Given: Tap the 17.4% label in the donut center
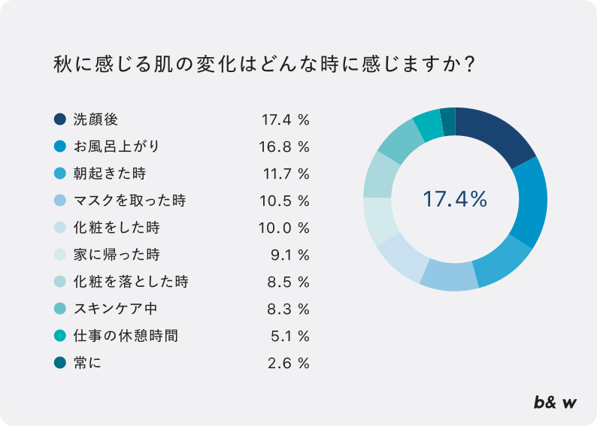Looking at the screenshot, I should point(455,200).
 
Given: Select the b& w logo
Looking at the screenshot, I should point(555,403).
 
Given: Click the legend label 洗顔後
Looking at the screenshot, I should point(95,119).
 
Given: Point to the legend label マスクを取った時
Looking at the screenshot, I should point(129,201).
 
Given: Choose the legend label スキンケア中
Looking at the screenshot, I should point(115,309).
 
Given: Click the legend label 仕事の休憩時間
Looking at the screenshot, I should point(126,336).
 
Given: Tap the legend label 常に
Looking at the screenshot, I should point(87,363).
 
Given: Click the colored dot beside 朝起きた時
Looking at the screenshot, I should point(60,174).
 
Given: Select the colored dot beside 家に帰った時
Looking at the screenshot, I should point(60,255).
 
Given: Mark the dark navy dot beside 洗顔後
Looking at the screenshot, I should point(60,119).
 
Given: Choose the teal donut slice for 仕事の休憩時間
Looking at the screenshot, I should point(429,125).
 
